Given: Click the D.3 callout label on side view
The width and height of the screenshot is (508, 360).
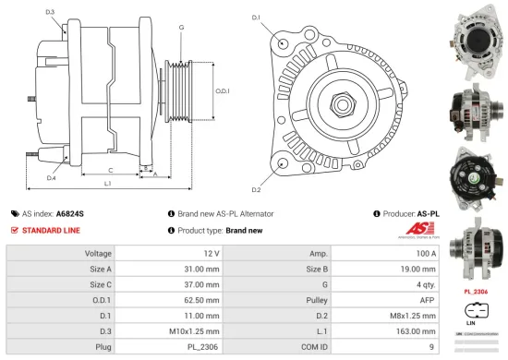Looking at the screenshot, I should click(49, 12).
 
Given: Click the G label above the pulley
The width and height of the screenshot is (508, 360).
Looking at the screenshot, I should click(181, 28).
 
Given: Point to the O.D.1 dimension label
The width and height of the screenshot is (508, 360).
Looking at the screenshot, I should click(222, 90).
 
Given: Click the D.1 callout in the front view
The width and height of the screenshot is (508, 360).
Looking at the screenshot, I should click(256, 18).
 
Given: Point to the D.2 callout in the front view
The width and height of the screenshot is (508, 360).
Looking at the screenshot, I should click(256, 189).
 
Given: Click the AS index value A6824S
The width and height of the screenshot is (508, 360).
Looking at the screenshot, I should click(69, 212).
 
